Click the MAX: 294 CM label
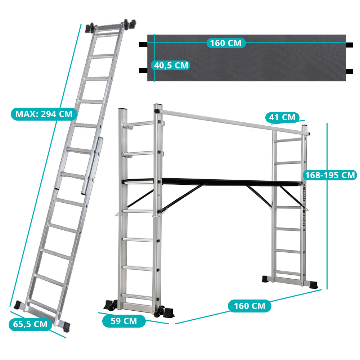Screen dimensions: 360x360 pos(44,114)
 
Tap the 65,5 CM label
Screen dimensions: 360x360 pos(30,324)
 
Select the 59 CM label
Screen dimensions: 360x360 pos(124,321)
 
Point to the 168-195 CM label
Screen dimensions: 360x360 pos(330,175)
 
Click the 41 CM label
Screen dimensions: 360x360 pos(282,117)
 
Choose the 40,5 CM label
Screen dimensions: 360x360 pos(171,66)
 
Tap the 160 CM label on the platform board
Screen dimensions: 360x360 pos(226,43)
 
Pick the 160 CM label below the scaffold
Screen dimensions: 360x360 pos(249,306)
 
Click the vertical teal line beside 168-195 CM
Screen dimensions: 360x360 pos(327,206)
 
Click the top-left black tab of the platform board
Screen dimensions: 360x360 pos(143,45)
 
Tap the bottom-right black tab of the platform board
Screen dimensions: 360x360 pos(350,71)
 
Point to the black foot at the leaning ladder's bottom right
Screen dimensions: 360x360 pos(66,326)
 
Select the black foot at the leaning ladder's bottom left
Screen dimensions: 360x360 pos(17,305)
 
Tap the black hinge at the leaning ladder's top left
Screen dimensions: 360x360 pos(90,28)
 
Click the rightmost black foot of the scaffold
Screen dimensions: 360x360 pos(313,285)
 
